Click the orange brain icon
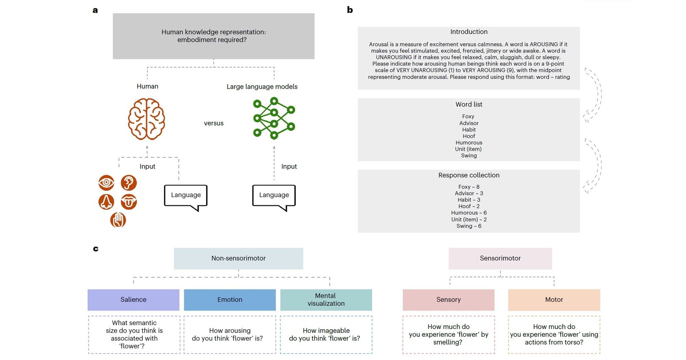click(x=146, y=119)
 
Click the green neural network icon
click(x=274, y=118)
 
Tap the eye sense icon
click(x=106, y=182)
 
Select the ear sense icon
click(x=129, y=182)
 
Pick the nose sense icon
click(x=106, y=202)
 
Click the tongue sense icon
click(x=129, y=202)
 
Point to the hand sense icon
click(x=118, y=220)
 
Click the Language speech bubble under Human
click(x=186, y=195)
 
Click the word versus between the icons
click(x=213, y=123)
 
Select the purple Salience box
click(x=133, y=300)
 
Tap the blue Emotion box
click(x=230, y=300)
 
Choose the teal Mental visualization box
click(x=326, y=300)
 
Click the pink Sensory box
click(x=448, y=300)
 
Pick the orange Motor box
click(x=554, y=300)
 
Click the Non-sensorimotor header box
click(x=238, y=259)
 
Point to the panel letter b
click(x=350, y=10)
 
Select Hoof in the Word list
click(x=469, y=136)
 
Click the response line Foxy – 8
click(x=469, y=187)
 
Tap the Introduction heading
click(x=469, y=32)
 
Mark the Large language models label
click(x=262, y=87)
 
